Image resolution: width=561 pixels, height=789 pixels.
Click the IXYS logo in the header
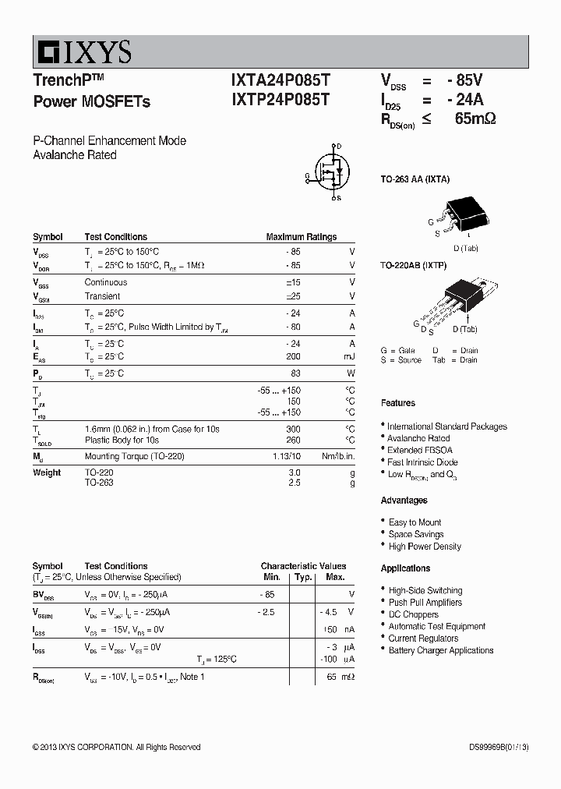83,52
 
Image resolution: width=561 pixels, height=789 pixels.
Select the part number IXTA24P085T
280,80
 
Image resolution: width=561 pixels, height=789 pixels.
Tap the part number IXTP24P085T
280,100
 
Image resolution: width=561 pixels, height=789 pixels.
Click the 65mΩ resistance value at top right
475,119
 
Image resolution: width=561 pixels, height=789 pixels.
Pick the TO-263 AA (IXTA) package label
415,179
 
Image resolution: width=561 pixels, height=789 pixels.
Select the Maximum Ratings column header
301,237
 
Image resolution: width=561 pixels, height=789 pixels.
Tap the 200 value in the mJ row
293,356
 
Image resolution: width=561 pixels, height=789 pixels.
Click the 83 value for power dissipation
295,373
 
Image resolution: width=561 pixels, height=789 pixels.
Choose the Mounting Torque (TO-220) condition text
134,456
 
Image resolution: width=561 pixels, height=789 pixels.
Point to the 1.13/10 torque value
284,456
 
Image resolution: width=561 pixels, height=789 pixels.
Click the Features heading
397,403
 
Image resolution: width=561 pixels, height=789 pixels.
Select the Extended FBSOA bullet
420,450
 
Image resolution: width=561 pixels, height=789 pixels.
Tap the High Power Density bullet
425,547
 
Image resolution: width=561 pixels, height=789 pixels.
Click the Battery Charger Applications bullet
441,650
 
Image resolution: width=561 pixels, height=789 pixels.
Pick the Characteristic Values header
303,566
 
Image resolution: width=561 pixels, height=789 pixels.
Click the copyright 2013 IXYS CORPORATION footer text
116,747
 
